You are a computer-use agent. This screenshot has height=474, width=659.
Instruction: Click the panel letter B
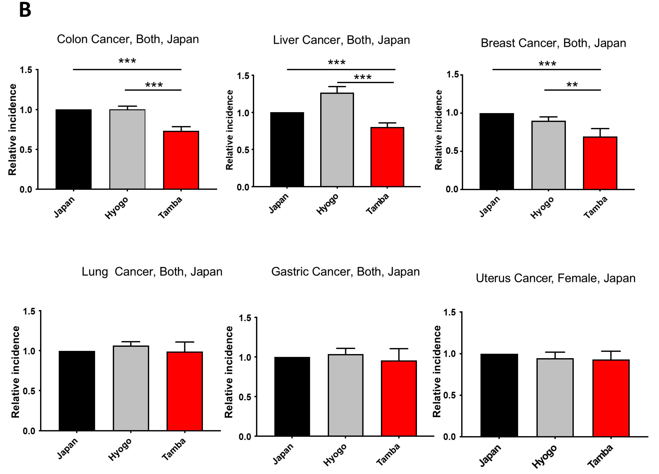tap(25, 10)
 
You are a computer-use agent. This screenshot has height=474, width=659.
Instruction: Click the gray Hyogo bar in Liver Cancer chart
tap(337, 140)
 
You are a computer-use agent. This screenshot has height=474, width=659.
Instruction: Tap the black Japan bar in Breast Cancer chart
tap(497, 151)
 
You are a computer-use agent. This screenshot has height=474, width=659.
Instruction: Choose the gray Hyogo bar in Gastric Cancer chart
tap(345, 395)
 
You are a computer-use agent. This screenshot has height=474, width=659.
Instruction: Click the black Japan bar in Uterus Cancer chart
tap(499, 395)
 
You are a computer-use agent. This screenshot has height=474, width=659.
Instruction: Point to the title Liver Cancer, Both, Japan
tap(341, 40)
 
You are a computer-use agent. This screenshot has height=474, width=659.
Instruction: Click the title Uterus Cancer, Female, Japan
tap(555, 278)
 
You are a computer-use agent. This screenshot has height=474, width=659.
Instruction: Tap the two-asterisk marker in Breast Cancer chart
tap(572, 85)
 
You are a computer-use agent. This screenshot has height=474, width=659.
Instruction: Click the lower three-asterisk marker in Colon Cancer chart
tap(154, 85)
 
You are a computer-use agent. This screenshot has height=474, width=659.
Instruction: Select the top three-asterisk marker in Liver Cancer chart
tap(337, 62)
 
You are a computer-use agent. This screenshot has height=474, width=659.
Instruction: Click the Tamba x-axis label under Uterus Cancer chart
tap(600, 456)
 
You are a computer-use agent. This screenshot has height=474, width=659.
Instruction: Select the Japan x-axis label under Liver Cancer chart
tap(278, 203)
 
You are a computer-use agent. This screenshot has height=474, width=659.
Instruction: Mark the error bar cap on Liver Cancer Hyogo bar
tap(337, 86)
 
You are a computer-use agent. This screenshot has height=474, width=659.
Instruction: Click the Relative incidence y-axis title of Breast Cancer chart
tap(438, 130)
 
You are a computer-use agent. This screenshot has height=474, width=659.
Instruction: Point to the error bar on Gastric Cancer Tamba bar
tap(399, 354)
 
